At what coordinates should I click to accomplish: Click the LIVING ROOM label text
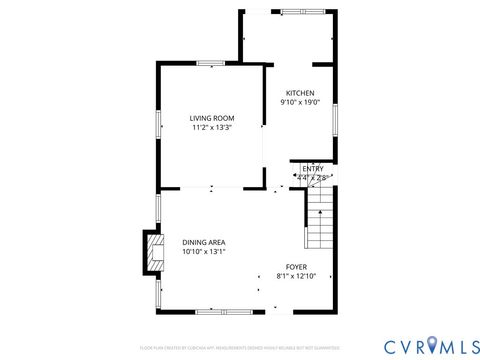click(212, 118)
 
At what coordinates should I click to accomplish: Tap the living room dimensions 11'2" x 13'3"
click(212, 127)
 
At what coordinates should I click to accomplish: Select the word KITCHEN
click(300, 93)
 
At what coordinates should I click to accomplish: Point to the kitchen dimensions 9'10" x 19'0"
click(300, 102)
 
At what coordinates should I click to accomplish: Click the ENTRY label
click(313, 169)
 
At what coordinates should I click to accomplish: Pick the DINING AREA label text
click(203, 242)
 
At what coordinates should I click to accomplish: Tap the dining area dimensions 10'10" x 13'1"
click(203, 251)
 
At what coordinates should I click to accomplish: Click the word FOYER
click(296, 266)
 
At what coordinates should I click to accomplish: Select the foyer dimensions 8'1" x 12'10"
click(296, 275)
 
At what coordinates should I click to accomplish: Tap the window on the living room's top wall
click(210, 64)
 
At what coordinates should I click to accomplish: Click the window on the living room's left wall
click(158, 123)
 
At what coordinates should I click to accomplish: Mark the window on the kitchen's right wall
click(335, 120)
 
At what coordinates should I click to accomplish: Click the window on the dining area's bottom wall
click(210, 310)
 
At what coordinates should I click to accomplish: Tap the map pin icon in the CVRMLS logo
click(432, 345)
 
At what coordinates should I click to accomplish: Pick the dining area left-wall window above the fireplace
click(158, 210)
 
